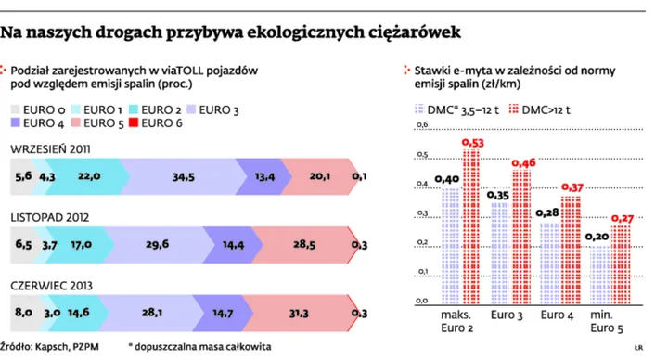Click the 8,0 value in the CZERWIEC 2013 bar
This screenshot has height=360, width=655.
pos(22,314)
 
